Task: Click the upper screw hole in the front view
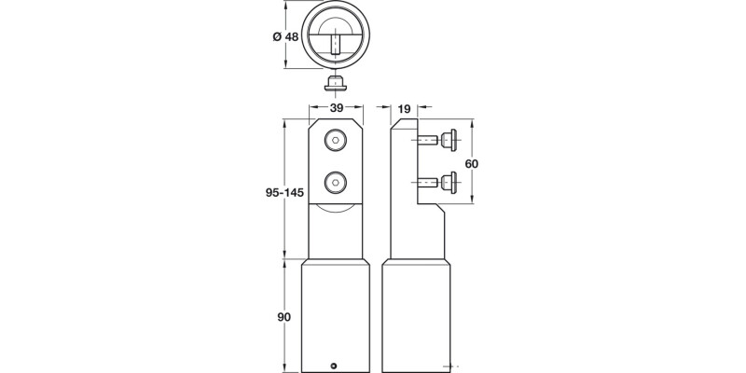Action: tap(334, 141)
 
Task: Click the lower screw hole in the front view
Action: tap(334, 181)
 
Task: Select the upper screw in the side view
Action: tap(438, 141)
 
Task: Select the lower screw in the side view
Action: tap(438, 182)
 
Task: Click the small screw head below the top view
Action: tap(334, 86)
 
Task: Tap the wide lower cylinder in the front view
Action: tap(334, 312)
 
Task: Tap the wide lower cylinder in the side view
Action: tap(414, 312)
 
